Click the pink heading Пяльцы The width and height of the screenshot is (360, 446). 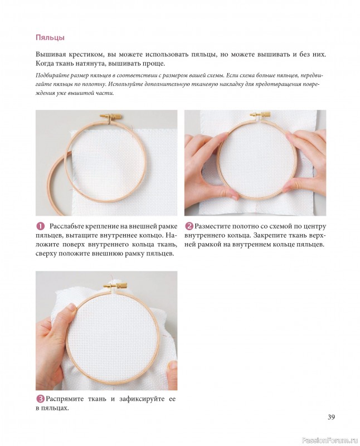point(50,37)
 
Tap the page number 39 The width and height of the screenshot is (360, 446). point(331,417)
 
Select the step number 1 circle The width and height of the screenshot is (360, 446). point(40,226)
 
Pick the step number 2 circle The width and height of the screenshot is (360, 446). point(189,226)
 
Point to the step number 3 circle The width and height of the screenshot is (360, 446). point(40,399)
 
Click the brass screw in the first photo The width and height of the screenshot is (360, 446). point(111,117)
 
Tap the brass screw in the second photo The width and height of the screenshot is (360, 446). point(260,114)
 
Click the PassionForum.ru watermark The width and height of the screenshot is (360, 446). point(329,440)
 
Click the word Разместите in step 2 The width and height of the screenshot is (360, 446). point(212,226)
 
